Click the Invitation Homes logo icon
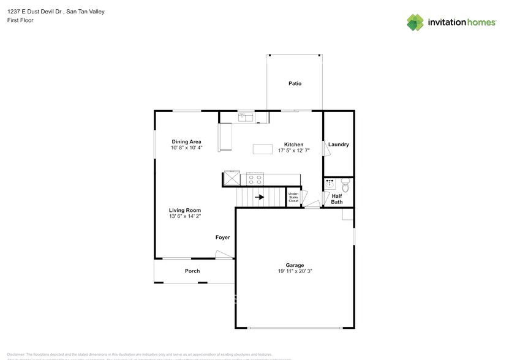416,22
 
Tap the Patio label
295,83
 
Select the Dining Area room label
186,141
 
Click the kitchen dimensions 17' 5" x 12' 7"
293,151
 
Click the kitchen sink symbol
246,116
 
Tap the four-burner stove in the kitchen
254,179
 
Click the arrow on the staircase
260,197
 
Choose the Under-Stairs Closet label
293,197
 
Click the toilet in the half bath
345,184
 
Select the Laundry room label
338,144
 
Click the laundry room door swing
325,149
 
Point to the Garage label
294,265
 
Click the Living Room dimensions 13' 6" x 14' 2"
185,216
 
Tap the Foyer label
222,237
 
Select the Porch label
192,271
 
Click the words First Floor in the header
20,20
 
